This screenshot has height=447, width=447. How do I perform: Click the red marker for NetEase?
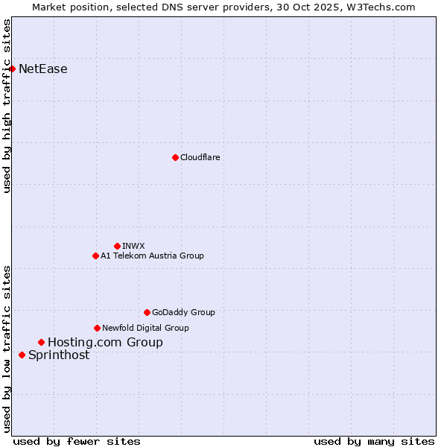[12, 69]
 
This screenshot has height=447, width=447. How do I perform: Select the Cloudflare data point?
[175, 157]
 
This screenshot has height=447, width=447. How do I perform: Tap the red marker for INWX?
[117, 246]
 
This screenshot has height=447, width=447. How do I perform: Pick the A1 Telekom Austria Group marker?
[95, 256]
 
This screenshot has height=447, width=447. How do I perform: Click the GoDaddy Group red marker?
[147, 312]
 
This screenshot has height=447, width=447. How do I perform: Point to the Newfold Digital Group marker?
[97, 328]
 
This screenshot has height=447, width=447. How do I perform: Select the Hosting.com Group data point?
[41, 343]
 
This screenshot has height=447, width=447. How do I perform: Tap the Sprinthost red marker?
[22, 355]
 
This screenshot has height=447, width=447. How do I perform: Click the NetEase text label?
[43, 69]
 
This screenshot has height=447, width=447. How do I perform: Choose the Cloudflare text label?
[200, 157]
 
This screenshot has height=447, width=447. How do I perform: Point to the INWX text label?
[134, 246]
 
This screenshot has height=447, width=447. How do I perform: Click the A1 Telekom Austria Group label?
[152, 256]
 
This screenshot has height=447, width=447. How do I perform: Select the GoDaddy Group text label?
[183, 312]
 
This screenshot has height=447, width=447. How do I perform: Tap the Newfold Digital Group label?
[145, 328]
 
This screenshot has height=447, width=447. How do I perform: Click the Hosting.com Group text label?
[105, 343]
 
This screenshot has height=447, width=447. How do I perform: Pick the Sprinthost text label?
[59, 355]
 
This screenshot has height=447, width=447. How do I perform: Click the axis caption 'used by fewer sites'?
[77, 441]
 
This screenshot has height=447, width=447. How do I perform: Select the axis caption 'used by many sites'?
[374, 441]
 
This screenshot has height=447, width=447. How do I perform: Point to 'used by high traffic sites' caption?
[7, 106]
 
